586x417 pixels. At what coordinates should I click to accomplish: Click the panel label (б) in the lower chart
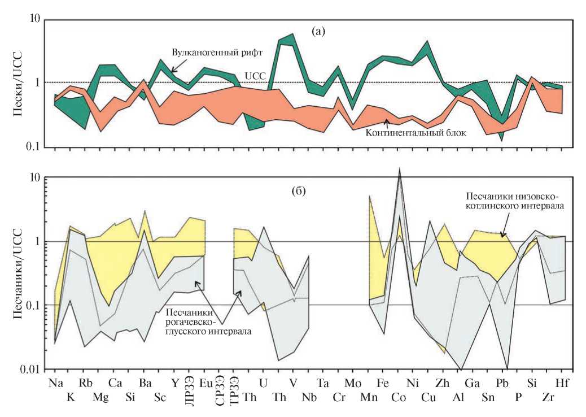pyautogui.click(x=299, y=190)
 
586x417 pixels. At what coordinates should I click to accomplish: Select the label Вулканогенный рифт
pyautogui.click(x=218, y=52)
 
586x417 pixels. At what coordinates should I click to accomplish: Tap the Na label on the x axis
pyautogui.click(x=55, y=383)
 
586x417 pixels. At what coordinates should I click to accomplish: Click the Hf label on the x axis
pyautogui.click(x=562, y=383)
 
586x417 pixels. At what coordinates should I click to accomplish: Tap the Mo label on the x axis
pyautogui.click(x=353, y=383)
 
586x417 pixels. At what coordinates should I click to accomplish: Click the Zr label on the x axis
pyautogui.click(x=548, y=397)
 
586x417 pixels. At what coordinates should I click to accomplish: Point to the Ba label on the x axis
pyautogui.click(x=145, y=383)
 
